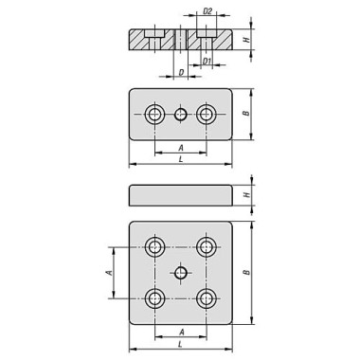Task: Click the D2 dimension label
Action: pyautogui.click(x=207, y=13)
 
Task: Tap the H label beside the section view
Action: pyautogui.click(x=246, y=42)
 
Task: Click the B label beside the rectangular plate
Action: pyautogui.click(x=246, y=114)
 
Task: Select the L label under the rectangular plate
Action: pyautogui.click(x=180, y=161)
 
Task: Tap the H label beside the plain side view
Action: pyautogui.click(x=246, y=196)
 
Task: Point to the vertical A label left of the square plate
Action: pyautogui.click(x=109, y=273)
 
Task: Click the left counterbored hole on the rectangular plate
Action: pyautogui.click(x=154, y=115)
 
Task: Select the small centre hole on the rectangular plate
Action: pyautogui.click(x=180, y=115)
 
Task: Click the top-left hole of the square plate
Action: pyautogui.click(x=154, y=247)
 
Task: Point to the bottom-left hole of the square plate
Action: pyautogui.click(x=154, y=298)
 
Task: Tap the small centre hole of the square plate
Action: pyautogui.click(x=180, y=273)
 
